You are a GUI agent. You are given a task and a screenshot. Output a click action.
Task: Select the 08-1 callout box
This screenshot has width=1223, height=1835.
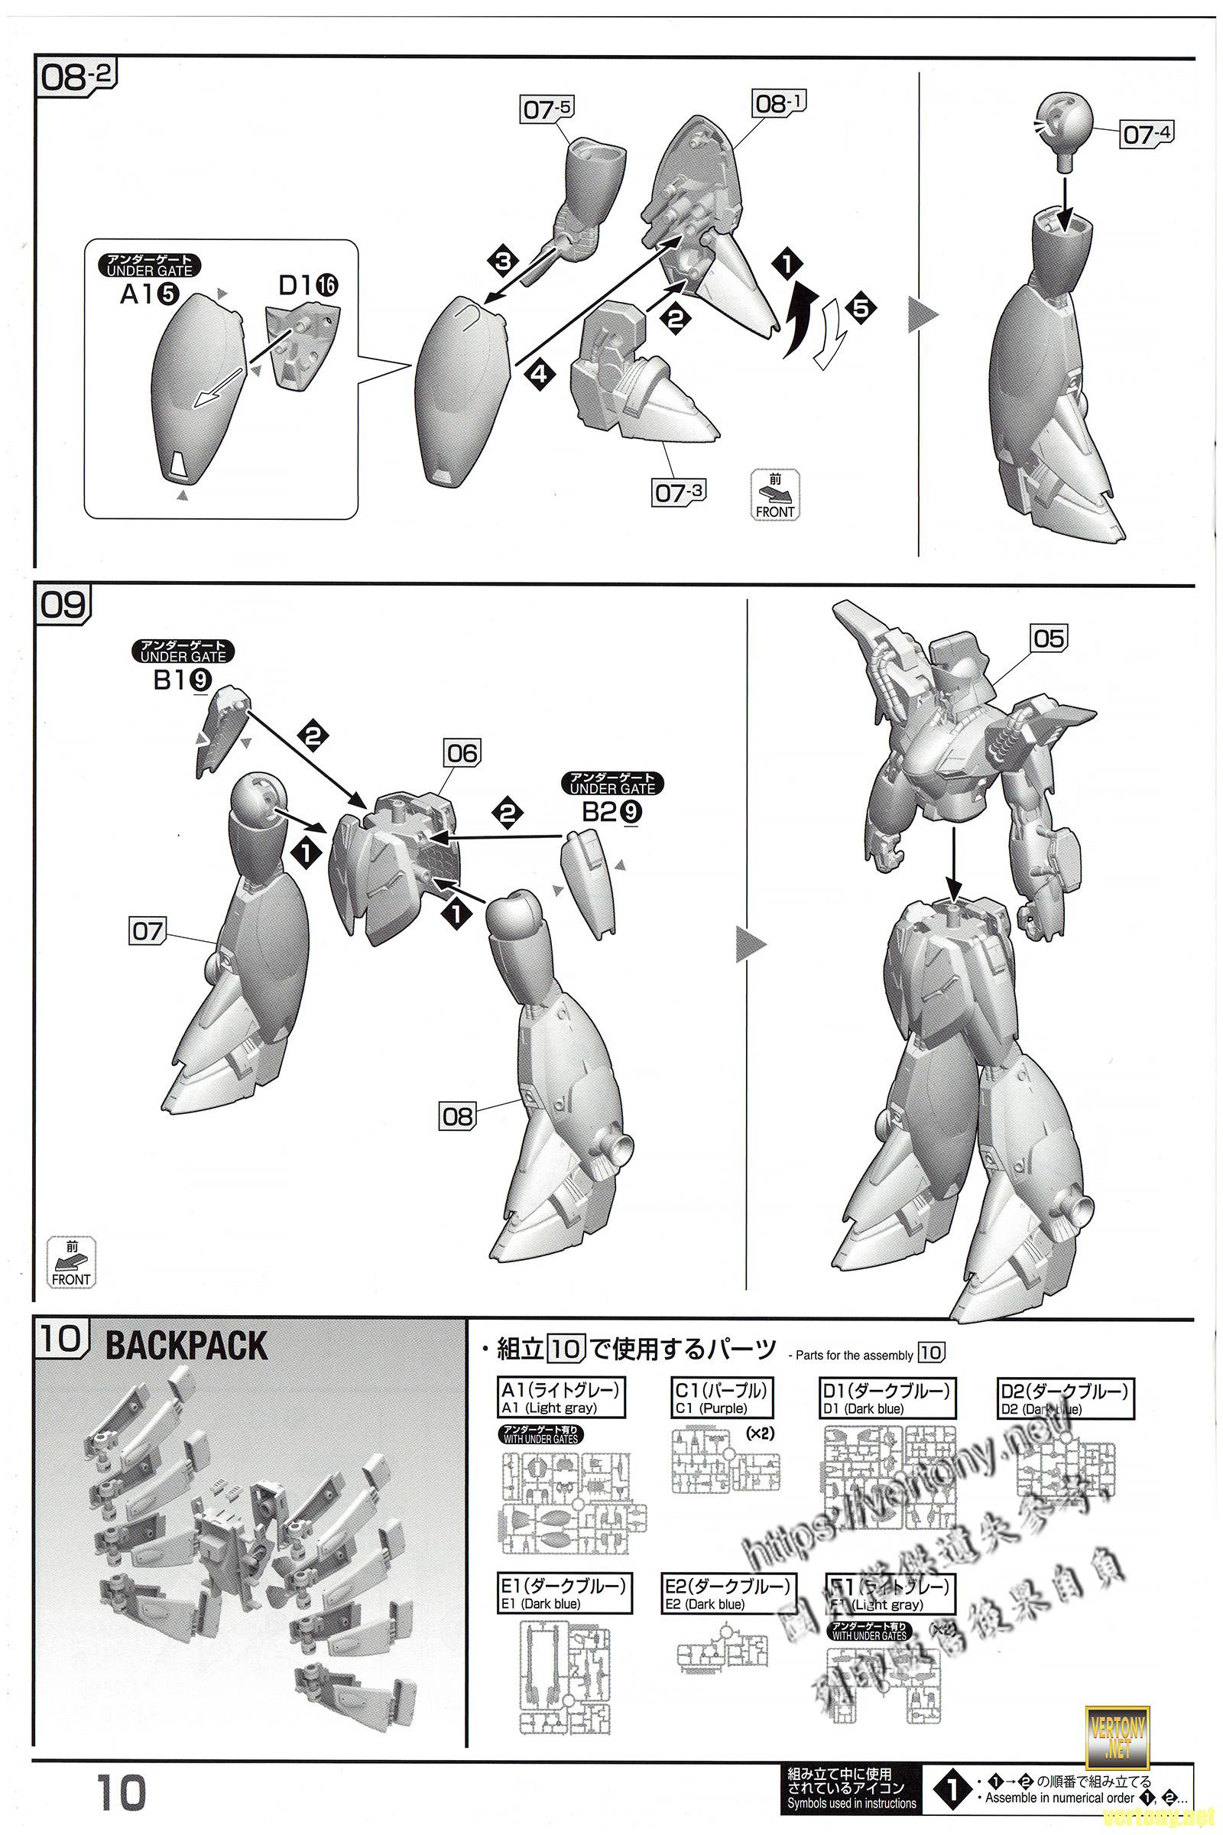pyautogui.click(x=778, y=103)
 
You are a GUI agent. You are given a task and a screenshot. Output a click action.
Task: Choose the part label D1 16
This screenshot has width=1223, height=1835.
pyautogui.click(x=308, y=285)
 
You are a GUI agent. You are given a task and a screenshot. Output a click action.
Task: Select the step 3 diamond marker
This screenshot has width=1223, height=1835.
pyautogui.click(x=504, y=261)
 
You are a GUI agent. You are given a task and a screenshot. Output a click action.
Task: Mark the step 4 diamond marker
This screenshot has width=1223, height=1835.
pyautogui.click(x=539, y=375)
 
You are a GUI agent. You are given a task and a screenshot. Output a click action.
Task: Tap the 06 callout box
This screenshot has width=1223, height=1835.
pyautogui.click(x=462, y=753)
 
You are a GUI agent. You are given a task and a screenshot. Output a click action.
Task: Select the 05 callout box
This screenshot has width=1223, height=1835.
pyautogui.click(x=1048, y=638)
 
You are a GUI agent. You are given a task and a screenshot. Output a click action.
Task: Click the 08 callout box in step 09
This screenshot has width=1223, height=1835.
pyautogui.click(x=457, y=1116)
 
